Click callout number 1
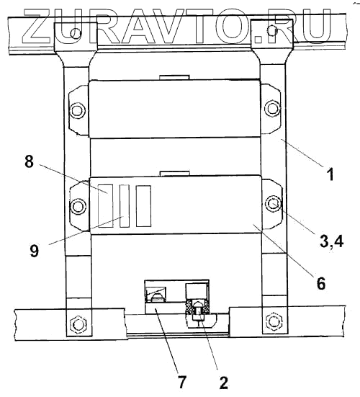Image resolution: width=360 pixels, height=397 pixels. tap(330, 174)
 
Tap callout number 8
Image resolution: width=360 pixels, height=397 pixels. tap(29, 161)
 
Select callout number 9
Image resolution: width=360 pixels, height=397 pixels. tap(35, 251)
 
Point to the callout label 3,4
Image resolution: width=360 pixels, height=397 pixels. tap(332, 241)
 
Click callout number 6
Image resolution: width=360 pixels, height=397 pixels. tap(321, 283)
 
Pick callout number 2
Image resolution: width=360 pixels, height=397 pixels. tap(223, 383)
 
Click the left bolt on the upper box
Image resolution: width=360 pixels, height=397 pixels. tap(77, 110)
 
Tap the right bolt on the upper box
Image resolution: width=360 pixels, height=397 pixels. tap(272, 108)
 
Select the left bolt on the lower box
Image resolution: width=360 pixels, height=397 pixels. tap(77, 206)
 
